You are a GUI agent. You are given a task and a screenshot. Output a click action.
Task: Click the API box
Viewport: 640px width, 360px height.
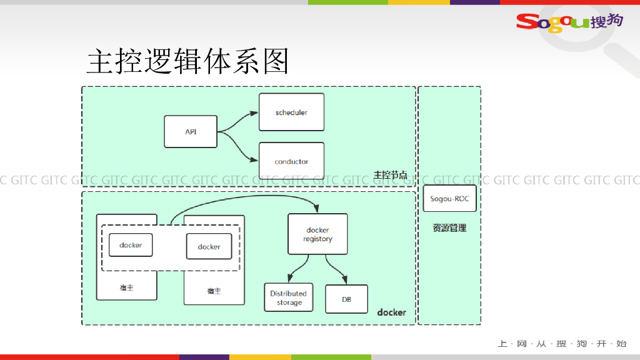[x=191, y=131]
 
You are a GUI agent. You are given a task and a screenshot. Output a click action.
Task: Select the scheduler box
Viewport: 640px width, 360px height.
[x=291, y=112]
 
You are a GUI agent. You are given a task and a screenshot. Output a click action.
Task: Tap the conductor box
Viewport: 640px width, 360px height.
[x=291, y=161]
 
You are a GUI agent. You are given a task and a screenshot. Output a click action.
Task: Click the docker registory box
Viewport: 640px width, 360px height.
[x=317, y=234]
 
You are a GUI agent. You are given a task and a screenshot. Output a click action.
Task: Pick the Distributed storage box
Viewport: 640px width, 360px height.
[x=288, y=297]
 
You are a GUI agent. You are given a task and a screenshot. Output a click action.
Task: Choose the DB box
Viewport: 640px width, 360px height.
[x=346, y=299]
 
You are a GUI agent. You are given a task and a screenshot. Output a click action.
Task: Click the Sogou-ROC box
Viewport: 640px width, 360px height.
[x=449, y=199]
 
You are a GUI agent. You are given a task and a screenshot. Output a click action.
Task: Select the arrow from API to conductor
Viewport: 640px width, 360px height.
[x=237, y=146]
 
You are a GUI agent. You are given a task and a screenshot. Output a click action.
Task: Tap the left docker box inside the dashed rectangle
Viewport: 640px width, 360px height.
[x=131, y=245]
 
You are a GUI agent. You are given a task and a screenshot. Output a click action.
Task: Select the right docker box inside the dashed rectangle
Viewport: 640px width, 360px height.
[x=209, y=246]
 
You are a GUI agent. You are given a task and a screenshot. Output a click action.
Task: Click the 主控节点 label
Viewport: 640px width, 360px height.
[x=390, y=175]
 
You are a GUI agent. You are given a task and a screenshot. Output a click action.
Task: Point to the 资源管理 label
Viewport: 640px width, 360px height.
[x=449, y=228]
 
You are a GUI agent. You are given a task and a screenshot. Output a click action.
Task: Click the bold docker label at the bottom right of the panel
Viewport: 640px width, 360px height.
[x=391, y=312]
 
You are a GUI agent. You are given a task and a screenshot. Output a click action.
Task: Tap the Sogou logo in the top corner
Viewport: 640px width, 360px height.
[x=569, y=21]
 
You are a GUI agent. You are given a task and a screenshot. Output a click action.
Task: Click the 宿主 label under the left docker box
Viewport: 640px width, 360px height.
[x=127, y=288]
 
